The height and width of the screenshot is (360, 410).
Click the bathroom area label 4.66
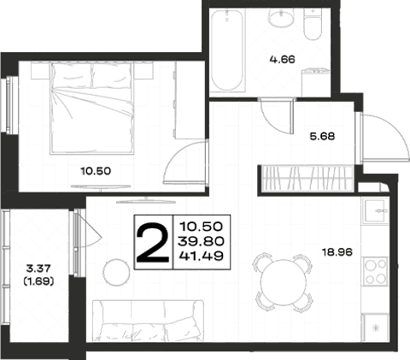click(282, 60)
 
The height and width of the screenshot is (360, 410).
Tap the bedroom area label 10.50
click(96, 171)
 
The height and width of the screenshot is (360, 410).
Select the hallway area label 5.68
click(322, 136)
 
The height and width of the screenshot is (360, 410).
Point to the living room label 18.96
click(337, 252)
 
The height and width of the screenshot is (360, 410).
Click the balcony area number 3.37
click(38, 269)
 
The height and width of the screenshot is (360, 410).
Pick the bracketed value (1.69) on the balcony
click(38, 281)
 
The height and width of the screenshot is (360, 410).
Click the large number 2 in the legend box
click(153, 242)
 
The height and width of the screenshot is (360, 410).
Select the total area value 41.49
click(201, 256)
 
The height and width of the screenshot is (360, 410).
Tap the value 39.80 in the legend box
click(201, 241)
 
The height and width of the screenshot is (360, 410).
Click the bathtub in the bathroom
click(227, 50)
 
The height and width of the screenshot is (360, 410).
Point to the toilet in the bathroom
click(313, 24)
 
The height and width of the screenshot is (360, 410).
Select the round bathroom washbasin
click(281, 18)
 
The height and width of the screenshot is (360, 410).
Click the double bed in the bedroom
click(91, 109)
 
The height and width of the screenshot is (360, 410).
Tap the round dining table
click(283, 281)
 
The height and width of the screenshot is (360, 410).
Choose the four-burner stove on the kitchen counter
click(375, 271)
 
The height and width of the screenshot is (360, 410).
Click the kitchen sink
click(375, 211)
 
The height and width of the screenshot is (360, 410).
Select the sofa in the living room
click(148, 321)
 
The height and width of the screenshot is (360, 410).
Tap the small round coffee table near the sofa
click(116, 272)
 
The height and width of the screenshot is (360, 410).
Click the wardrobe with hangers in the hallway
click(307, 179)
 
